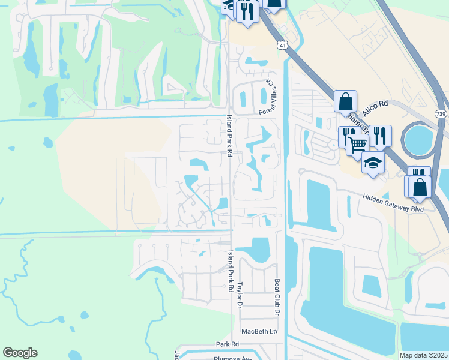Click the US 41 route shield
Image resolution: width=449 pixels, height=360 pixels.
(x=282, y=46)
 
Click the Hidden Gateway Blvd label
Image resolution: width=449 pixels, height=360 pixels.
(x=393, y=203)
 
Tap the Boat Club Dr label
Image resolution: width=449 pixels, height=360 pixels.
(x=277, y=297)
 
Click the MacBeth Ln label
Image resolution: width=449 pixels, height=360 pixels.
(x=260, y=331)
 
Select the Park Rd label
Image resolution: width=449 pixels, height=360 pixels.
(x=228, y=344)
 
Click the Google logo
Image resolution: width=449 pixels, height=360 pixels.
(x=20, y=353)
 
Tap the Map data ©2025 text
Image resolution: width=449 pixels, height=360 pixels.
(x=423, y=355)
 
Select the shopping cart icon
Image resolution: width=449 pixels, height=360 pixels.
(x=357, y=144)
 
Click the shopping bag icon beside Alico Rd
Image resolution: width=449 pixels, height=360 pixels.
(x=346, y=101)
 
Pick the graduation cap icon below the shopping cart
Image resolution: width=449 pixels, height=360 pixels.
(x=373, y=163)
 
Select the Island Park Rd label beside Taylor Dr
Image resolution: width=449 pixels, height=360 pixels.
(x=229, y=271)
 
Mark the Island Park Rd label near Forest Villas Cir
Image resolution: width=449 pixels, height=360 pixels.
(x=229, y=137)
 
